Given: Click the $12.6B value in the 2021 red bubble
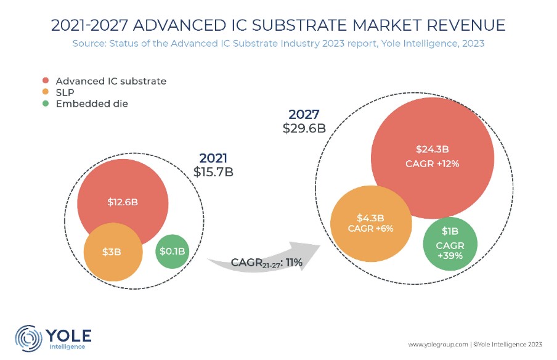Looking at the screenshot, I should pos(123,202).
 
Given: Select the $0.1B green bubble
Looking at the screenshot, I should pos(173,251).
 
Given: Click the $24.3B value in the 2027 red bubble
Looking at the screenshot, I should pos(432,149).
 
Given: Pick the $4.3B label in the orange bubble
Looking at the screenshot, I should pos(370,218).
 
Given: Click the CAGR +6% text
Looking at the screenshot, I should pos(370,228).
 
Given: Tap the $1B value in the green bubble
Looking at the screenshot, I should pos(450,232).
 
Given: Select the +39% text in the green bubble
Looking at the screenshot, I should pos(450,255).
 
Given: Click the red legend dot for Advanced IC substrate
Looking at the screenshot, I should pos(46,81).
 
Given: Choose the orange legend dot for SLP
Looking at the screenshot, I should pos(46,92).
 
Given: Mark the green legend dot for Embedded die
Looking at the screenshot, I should pos(46,104).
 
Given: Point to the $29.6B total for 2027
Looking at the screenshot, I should pos(304,128).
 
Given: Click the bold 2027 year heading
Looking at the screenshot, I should pos(304,114).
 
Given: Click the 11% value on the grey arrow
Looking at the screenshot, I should pos(293,263).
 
